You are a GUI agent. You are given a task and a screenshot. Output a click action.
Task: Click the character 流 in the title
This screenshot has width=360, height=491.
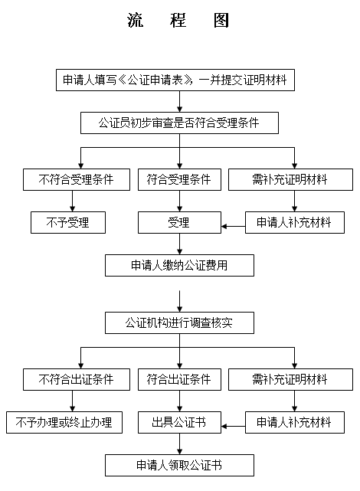(x=136, y=21)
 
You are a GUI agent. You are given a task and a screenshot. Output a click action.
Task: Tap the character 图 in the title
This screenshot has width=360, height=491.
(x=221, y=21)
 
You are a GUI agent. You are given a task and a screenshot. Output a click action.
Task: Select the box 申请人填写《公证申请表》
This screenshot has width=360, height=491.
(x=175, y=80)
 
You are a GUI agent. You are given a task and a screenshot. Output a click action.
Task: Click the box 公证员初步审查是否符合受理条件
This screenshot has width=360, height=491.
(x=179, y=123)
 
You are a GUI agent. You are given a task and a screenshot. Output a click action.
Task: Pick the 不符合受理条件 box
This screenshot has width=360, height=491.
(x=77, y=180)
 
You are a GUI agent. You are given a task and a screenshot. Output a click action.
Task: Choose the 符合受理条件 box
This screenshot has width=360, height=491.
(x=179, y=180)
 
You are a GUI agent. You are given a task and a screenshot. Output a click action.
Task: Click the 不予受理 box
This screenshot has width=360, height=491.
(x=68, y=223)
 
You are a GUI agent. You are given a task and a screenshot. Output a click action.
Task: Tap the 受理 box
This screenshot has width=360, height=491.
(x=179, y=223)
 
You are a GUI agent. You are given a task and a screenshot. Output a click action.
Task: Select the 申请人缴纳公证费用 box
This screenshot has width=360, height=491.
(x=179, y=266)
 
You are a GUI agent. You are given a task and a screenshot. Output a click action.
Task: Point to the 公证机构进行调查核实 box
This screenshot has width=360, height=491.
(x=179, y=322)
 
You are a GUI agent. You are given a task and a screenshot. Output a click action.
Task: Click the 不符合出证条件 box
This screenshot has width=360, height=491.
(x=77, y=379)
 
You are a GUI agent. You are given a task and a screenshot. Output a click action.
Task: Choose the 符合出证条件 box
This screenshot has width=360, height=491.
(x=179, y=379)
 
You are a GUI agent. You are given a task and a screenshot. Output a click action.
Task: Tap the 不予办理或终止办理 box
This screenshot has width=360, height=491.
(x=64, y=422)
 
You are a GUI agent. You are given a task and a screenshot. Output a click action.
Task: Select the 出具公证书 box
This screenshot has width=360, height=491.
(x=179, y=422)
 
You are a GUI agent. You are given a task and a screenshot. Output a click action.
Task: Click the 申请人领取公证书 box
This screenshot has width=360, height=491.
(x=179, y=465)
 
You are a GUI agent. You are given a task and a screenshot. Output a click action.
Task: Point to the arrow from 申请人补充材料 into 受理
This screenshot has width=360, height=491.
(x=233, y=226)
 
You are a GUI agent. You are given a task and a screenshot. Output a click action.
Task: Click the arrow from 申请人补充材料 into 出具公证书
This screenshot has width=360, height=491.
(x=233, y=426)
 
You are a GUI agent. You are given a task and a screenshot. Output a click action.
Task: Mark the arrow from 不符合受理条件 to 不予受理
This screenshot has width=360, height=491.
(x=72, y=201)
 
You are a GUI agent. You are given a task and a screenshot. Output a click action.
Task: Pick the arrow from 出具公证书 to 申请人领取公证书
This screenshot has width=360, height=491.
(x=180, y=444)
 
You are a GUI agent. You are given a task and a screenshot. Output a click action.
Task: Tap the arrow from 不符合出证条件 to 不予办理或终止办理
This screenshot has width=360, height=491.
(x=72, y=401)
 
